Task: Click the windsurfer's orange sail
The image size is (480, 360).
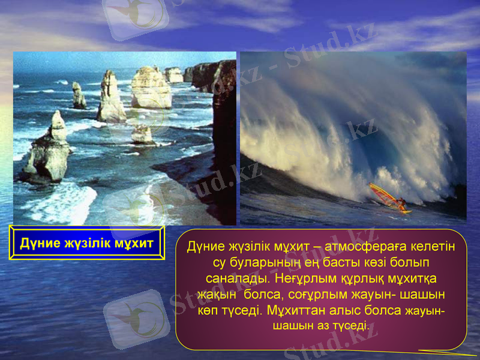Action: pyautogui.click(x=383, y=194)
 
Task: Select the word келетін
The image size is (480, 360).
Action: pyautogui.click(x=427, y=247)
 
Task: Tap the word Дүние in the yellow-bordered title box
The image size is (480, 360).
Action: pyautogui.click(x=37, y=244)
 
